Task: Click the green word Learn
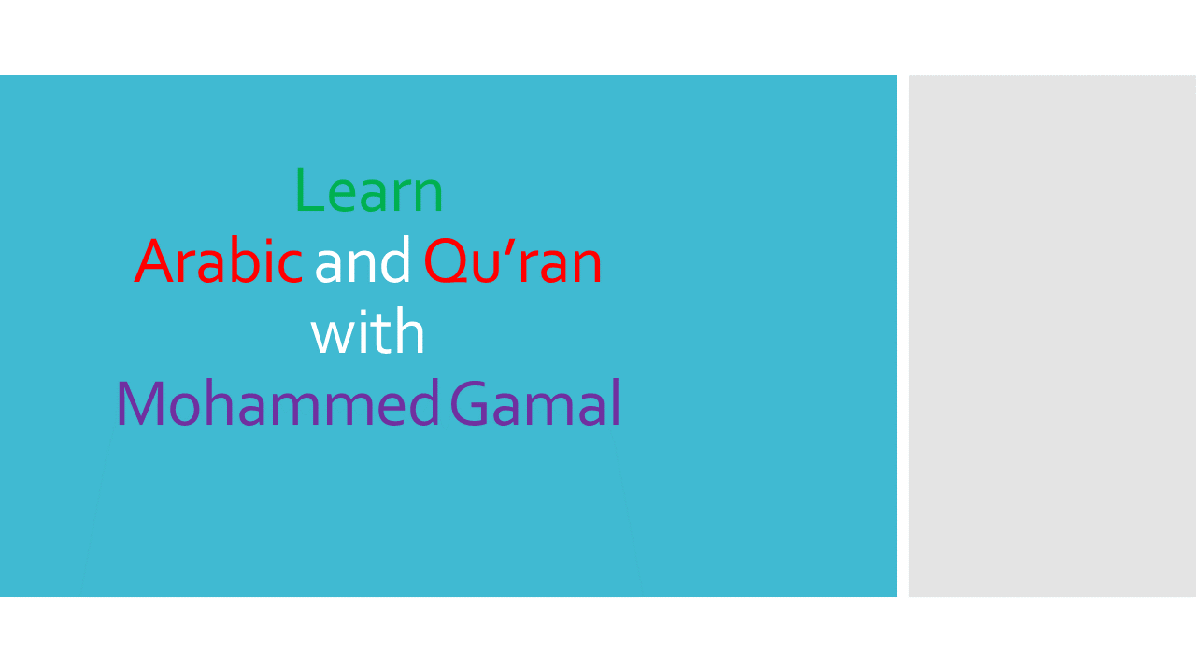tap(369, 189)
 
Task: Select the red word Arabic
tap(219, 261)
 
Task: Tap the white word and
tap(363, 259)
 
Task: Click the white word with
tap(367, 331)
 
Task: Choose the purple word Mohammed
tap(278, 402)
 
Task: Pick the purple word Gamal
tap(535, 402)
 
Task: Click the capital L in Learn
tap(309, 189)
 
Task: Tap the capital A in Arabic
tap(155, 260)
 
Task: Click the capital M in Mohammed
tap(140, 402)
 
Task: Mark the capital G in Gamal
tap(469, 402)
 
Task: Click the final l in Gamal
tap(616, 401)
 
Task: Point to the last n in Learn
tap(428, 197)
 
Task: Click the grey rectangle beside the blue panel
tap(1052, 335)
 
